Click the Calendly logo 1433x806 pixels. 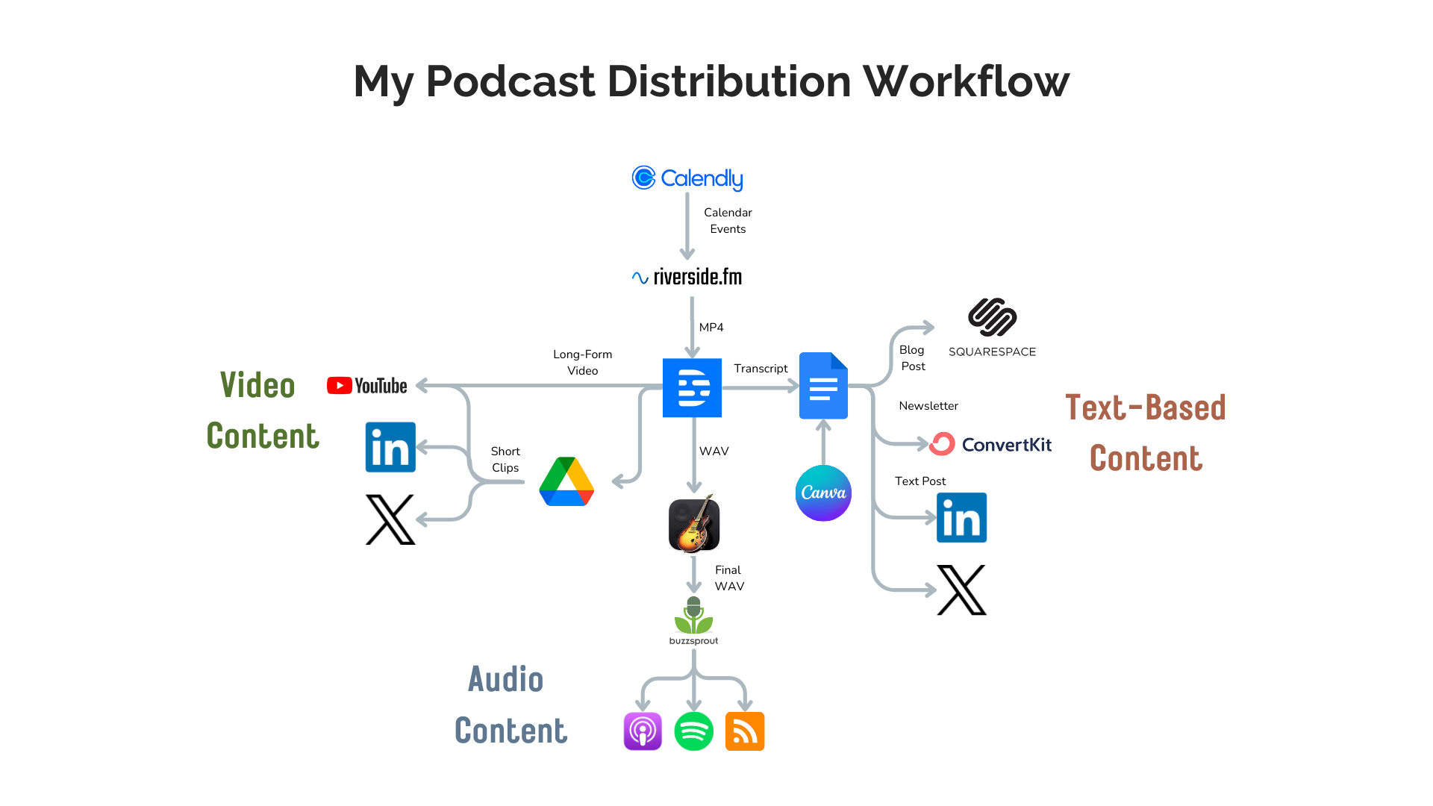[x=687, y=178]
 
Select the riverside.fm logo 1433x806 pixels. [x=687, y=277]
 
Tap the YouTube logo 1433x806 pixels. [x=367, y=386]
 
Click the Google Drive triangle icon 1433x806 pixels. [x=566, y=482]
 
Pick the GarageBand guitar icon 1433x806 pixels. [x=694, y=524]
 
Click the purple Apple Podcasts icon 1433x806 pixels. [x=643, y=731]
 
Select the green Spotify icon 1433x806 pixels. [x=693, y=731]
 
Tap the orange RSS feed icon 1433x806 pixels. [x=745, y=731]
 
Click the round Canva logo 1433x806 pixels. [x=823, y=493]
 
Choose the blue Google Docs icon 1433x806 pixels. [x=823, y=386]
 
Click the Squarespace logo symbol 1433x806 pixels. [x=992, y=317]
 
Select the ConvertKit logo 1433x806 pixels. [x=990, y=444]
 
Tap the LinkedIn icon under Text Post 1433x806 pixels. [x=961, y=517]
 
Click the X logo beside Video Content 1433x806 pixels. [x=390, y=519]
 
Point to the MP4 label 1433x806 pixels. [x=711, y=328]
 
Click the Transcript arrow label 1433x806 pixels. [x=761, y=369]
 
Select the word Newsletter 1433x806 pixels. [x=928, y=406]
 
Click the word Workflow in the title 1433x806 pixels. [x=966, y=81]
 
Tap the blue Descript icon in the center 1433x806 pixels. [x=692, y=387]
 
